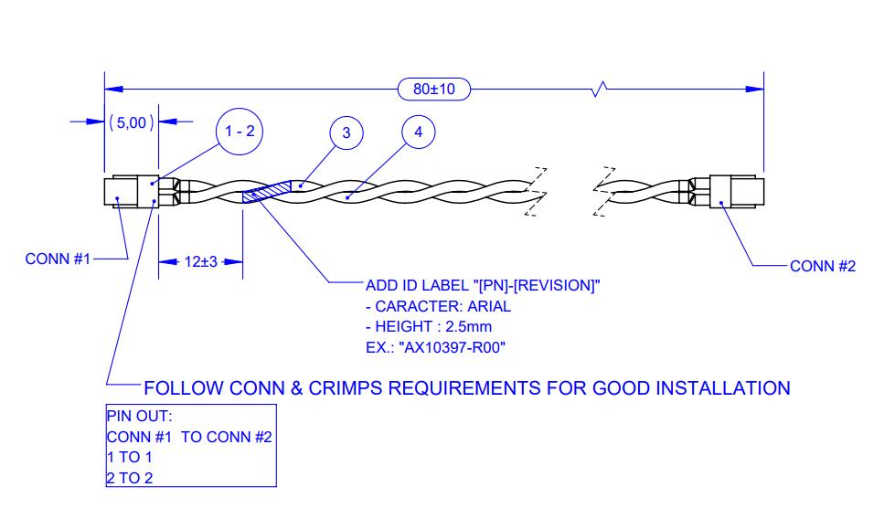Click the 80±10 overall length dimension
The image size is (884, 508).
[x=434, y=89]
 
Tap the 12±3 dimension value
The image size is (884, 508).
[x=201, y=262]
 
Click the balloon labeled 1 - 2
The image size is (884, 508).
[x=240, y=132]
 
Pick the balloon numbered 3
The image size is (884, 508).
[x=346, y=132]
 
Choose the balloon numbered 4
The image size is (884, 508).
[x=419, y=132]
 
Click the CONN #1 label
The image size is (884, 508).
[x=58, y=259]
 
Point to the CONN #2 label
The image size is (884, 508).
[x=823, y=266]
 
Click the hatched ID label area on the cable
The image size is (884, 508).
[x=267, y=192]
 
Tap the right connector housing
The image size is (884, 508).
[x=737, y=192]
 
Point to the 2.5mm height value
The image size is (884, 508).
[x=468, y=327]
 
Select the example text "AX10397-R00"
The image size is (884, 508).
[x=452, y=347]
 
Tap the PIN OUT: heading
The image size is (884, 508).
[x=139, y=417]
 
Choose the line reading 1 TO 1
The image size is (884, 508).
[x=130, y=458]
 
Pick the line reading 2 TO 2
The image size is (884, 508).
[x=130, y=478]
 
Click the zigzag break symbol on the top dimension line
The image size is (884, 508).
[x=600, y=89]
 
